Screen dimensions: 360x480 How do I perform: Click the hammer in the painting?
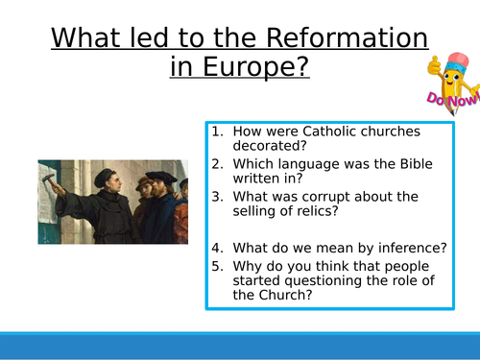[46, 179]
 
